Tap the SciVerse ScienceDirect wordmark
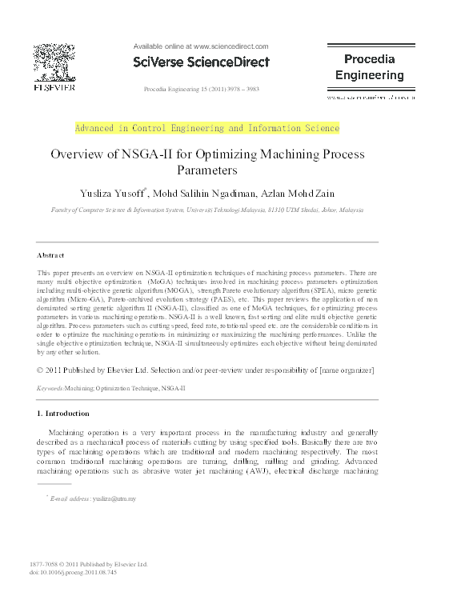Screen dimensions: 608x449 (201, 62)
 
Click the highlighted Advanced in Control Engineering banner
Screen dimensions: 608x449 (207, 128)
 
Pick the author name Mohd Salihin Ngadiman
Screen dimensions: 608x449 (205, 192)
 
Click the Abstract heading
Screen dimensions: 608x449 (51, 255)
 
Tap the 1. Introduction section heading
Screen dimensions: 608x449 (64, 414)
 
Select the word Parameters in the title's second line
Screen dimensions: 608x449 (207, 170)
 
